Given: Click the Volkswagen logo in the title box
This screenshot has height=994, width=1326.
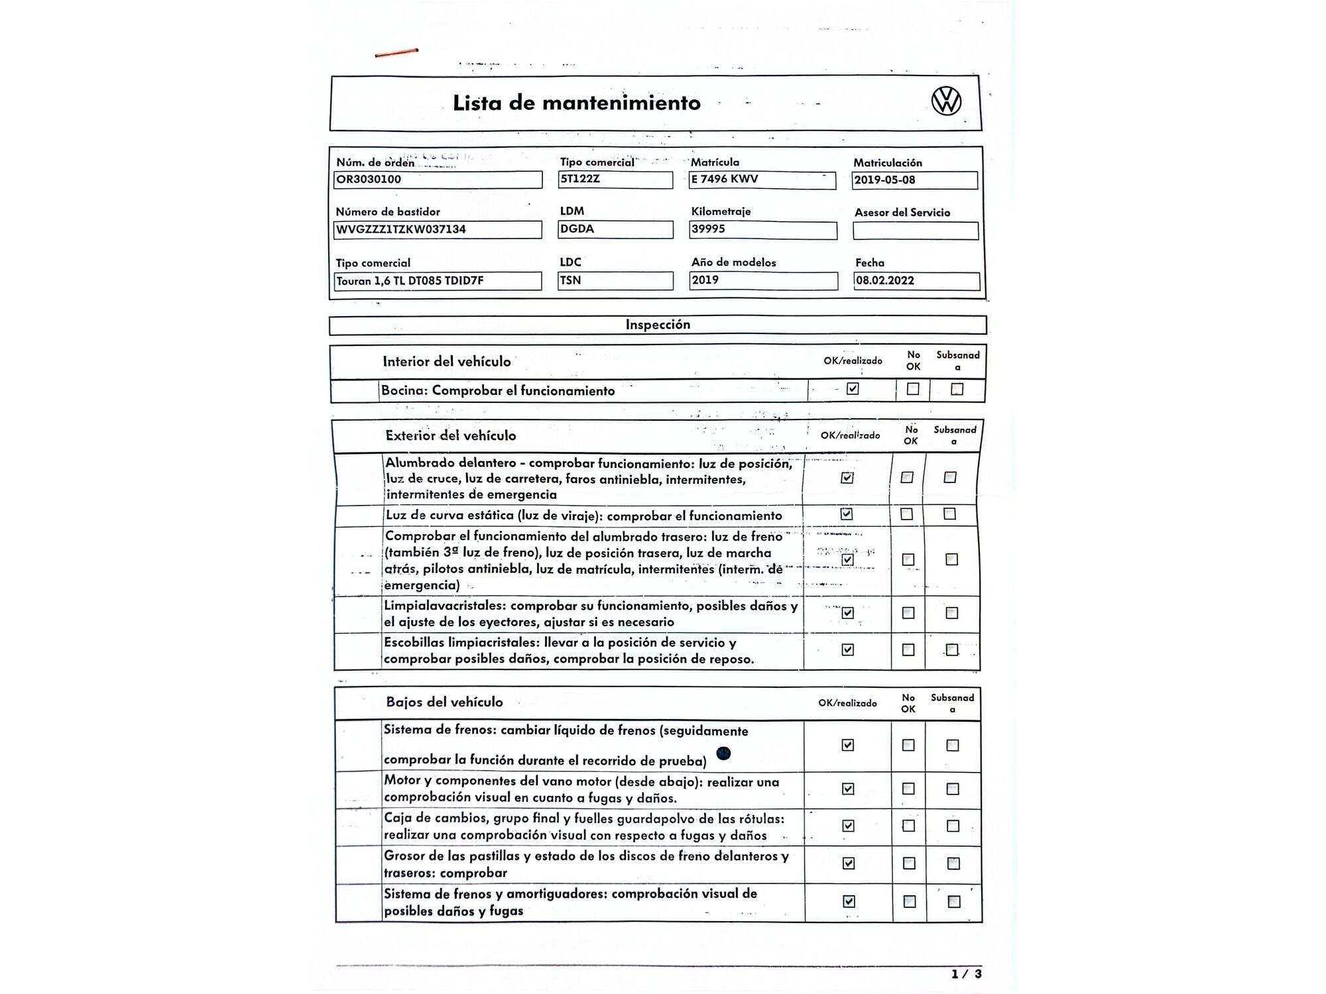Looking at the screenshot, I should coord(946,101).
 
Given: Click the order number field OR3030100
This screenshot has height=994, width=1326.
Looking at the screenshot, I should coord(438,180).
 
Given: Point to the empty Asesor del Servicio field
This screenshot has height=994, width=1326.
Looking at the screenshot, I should coord(915,231).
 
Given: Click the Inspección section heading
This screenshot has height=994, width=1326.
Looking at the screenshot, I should coord(658,325).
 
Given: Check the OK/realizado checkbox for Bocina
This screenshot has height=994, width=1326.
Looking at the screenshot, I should coord(853,389).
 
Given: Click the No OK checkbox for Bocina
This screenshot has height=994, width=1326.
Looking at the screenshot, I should coord(913,389).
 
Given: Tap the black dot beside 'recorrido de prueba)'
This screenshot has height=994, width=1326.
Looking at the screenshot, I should coord(724,753).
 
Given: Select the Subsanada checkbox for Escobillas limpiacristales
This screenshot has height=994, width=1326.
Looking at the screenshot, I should coord(952,650).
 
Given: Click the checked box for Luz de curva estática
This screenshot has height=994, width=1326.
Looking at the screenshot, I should coord(847,514).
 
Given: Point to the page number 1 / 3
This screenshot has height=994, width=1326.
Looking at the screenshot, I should coord(967,973).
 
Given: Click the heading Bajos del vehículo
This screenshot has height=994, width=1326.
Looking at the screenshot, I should coord(444,702).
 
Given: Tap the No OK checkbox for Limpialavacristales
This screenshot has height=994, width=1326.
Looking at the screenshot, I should coord(908,613).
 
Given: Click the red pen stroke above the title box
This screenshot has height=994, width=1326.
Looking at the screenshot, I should coord(396,52).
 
